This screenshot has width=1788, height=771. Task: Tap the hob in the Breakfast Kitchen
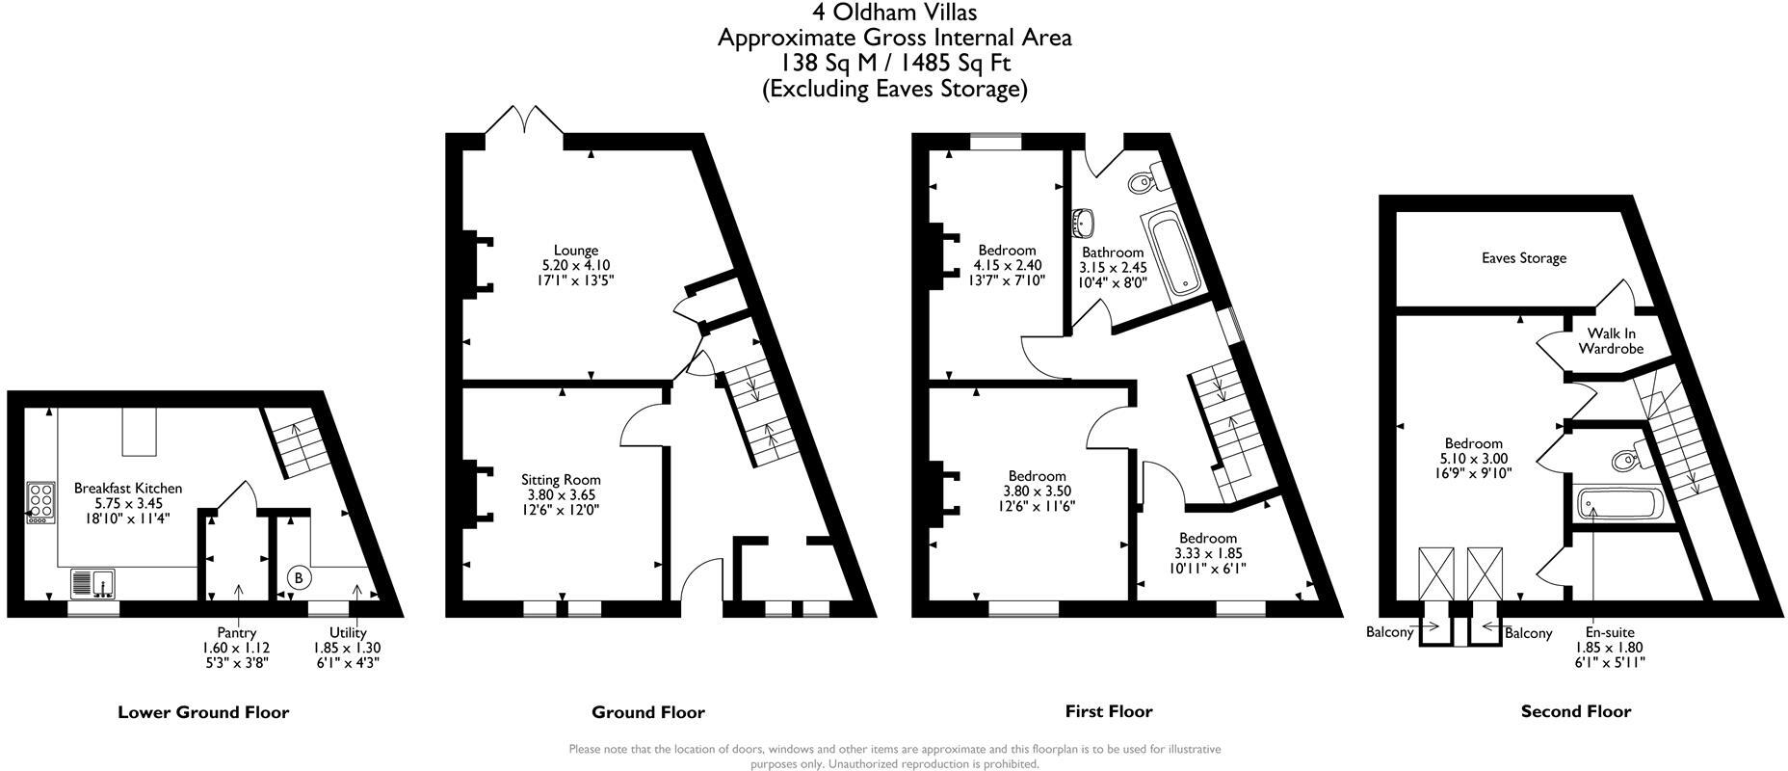(41, 502)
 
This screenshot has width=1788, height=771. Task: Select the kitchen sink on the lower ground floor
(93, 584)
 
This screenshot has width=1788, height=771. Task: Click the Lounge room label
(575, 251)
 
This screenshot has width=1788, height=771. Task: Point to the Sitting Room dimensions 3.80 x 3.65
(561, 495)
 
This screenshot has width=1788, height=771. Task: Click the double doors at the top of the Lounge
(524, 122)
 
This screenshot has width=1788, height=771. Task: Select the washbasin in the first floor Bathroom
(1083, 223)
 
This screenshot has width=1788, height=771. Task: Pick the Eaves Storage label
(1523, 258)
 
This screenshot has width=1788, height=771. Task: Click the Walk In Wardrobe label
(1610, 341)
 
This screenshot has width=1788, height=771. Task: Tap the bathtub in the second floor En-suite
(1616, 504)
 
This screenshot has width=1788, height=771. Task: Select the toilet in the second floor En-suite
(1625, 457)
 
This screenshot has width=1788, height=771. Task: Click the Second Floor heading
(1575, 712)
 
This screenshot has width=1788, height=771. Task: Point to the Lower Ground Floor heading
(203, 713)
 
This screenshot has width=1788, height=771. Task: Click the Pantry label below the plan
(236, 633)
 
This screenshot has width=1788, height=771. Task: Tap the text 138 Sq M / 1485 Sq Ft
(894, 64)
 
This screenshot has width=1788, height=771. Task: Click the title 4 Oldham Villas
(894, 13)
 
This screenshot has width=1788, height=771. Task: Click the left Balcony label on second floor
(1389, 632)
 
